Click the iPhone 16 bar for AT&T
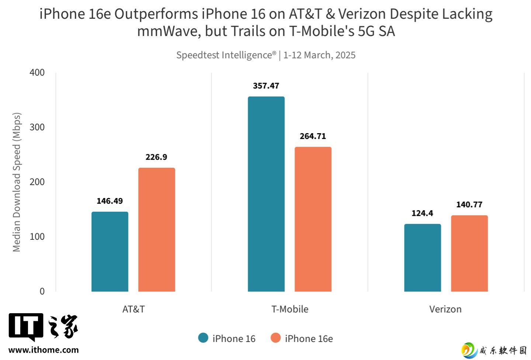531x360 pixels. [x=110, y=252]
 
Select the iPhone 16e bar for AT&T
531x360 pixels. [x=157, y=229]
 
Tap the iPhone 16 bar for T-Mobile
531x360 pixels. [x=266, y=194]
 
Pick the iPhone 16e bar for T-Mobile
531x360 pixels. [x=313, y=219]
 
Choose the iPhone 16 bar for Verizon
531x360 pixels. [x=423, y=257]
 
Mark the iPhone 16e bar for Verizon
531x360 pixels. [x=469, y=253]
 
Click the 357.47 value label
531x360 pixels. [x=266, y=86]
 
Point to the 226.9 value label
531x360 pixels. [x=156, y=157]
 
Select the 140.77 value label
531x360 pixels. [x=469, y=205]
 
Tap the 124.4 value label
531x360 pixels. [x=422, y=213]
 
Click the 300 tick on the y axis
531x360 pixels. [x=37, y=127]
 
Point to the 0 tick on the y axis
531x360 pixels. [x=42, y=291]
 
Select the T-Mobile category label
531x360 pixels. [x=290, y=309]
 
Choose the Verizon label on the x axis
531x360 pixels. [x=445, y=309]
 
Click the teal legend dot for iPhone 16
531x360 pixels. [x=203, y=338]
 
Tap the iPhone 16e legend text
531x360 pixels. [x=309, y=339]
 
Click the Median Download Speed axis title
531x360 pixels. [x=17, y=182]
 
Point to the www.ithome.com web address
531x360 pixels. [x=44, y=350]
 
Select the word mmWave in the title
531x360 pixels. [x=169, y=31]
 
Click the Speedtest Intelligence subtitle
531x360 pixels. [x=265, y=55]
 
